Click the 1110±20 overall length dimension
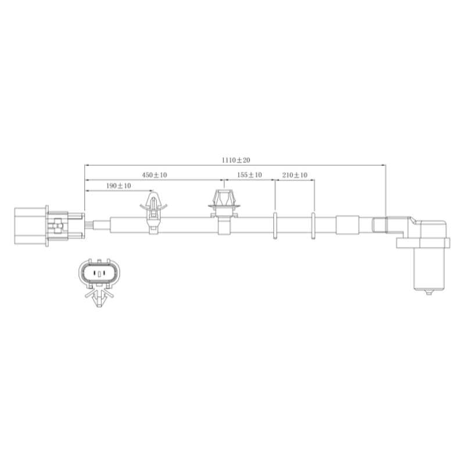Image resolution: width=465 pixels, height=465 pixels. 236,160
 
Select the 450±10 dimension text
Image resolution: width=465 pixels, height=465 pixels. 154,175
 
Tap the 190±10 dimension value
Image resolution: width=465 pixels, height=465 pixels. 119,186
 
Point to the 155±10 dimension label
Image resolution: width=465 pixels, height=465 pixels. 249,175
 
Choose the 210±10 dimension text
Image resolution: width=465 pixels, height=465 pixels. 295,175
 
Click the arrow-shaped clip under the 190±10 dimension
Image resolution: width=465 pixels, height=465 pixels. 153,212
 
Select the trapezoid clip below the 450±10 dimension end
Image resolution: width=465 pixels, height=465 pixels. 224,212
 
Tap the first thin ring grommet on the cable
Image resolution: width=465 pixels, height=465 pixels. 275,226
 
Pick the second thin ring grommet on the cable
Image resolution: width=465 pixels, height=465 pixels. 313,226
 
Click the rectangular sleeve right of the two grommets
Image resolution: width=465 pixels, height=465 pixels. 347,225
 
